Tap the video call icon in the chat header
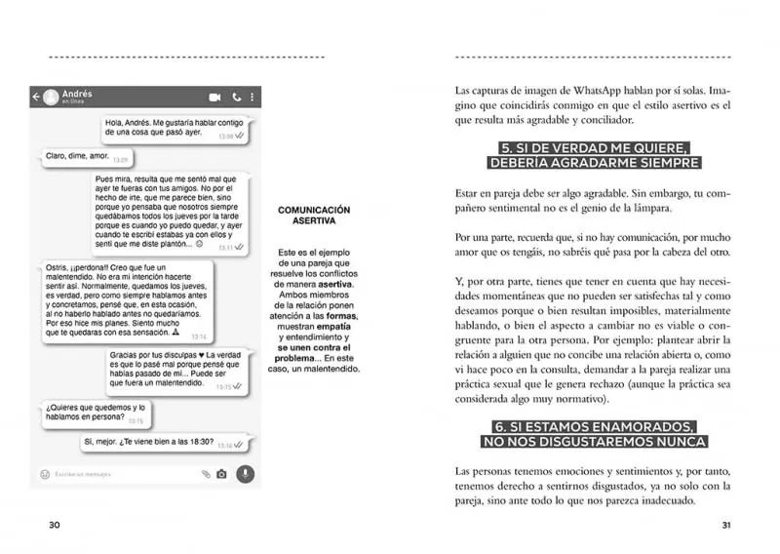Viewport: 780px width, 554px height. click(214, 98)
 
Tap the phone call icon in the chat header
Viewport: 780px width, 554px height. click(236, 98)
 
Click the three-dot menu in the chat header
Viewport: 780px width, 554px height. click(253, 98)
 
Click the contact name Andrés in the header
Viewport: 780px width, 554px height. click(76, 94)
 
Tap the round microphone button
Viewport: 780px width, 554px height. click(245, 474)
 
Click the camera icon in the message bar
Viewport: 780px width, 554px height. click(221, 474)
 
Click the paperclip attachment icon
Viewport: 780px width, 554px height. click(205, 474)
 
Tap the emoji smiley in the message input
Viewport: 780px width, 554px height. click(44, 474)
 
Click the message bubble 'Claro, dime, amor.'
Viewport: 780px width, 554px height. click(87, 156)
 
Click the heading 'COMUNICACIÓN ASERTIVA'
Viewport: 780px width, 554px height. click(314, 215)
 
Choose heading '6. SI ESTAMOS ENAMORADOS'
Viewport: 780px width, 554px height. click(595, 426)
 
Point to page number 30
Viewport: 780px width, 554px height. click(55, 524)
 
